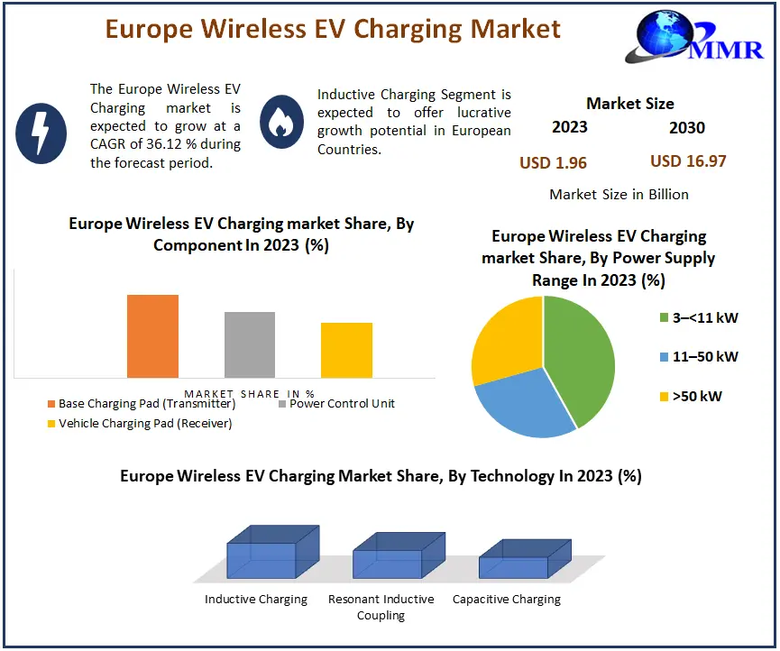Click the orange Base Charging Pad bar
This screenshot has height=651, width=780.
pos(152,335)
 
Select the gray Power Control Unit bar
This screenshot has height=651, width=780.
pos(250,344)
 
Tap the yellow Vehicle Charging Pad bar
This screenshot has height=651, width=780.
pos(346,350)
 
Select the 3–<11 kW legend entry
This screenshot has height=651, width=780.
pos(698,317)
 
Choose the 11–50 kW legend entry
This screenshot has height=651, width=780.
pos(698,356)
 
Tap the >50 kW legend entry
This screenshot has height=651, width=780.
pos(691,395)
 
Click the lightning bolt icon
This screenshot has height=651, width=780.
pos(41,133)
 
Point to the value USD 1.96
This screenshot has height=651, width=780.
pos(553,162)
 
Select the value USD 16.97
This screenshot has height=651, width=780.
pos(688,161)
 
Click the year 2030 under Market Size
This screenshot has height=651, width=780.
pos(686,127)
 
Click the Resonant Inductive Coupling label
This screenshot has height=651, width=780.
pos(381,607)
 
